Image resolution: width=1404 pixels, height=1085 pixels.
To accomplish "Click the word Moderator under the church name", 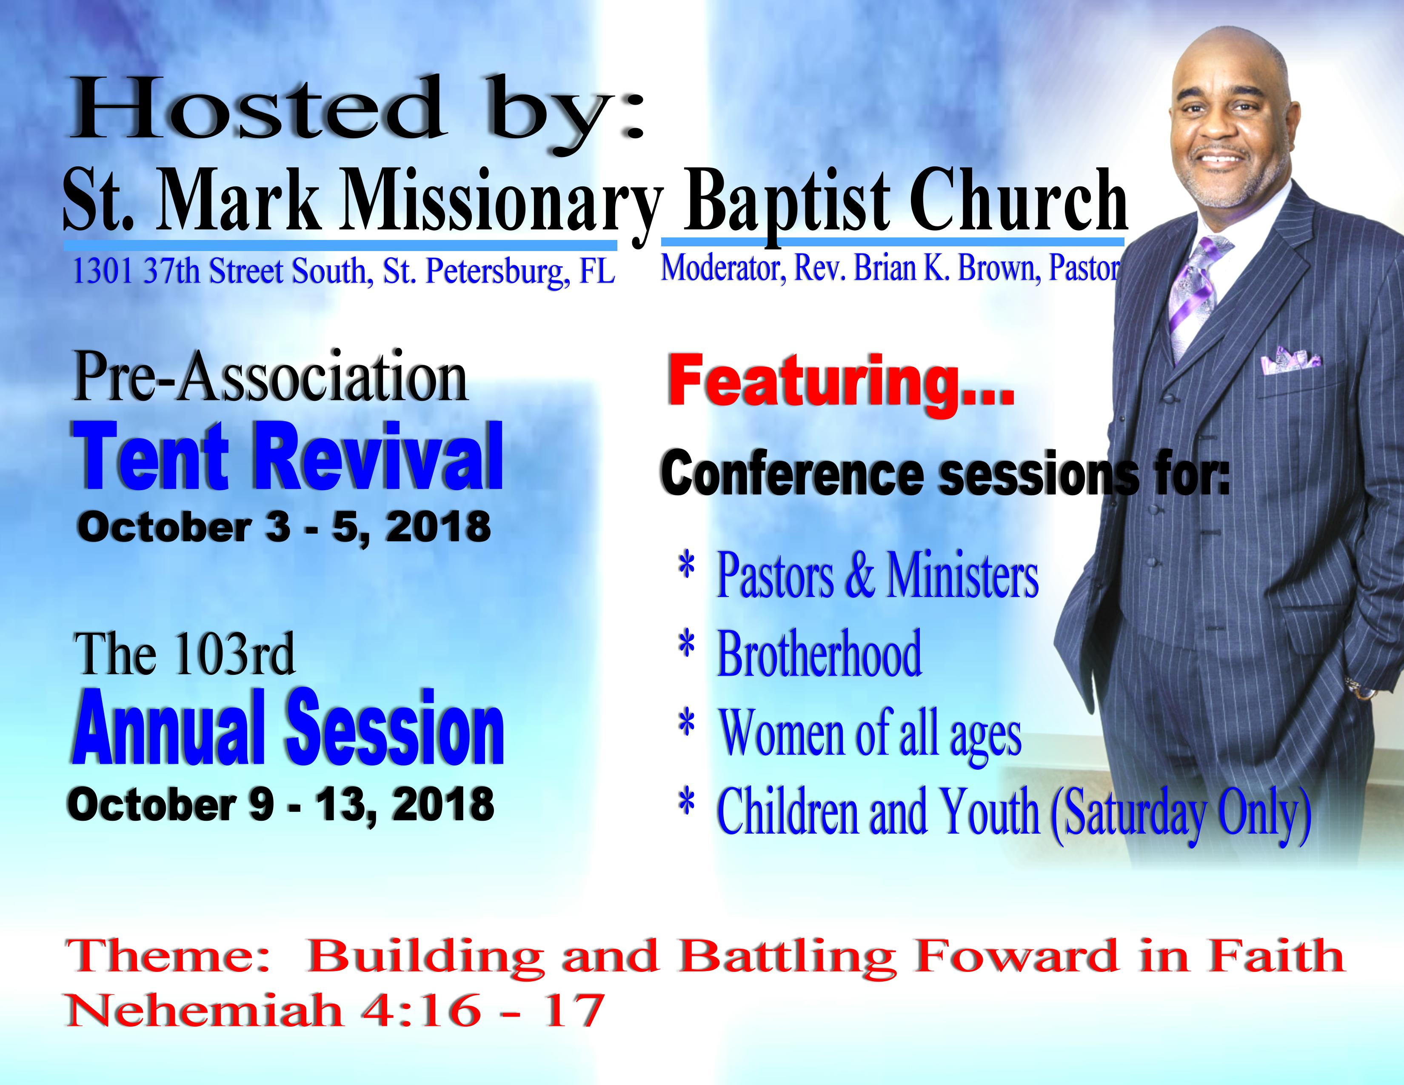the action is tap(723, 268).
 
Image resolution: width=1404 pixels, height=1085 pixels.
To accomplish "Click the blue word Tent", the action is tap(152, 457).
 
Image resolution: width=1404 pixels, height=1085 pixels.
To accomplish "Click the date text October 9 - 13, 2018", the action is tap(281, 805).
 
